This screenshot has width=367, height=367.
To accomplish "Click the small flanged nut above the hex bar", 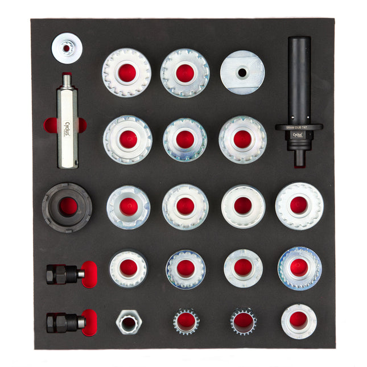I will (x=66, y=48).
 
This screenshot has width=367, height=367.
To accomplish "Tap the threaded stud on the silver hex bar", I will (x=67, y=80).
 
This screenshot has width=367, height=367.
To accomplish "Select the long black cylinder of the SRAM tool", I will (x=299, y=80).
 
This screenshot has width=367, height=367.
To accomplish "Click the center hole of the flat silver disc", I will (x=242, y=73).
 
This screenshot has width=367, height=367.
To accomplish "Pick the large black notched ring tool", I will (x=67, y=207).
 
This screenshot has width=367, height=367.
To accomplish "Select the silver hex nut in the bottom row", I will (x=129, y=321).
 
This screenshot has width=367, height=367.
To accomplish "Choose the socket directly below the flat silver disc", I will (x=242, y=139).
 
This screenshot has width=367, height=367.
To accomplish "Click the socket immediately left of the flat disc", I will (x=185, y=73).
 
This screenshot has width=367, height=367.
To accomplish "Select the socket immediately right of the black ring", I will (x=128, y=207).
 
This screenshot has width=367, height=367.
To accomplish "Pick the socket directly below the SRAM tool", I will (x=299, y=205).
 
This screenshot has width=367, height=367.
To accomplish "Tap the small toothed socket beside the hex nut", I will (x=186, y=321).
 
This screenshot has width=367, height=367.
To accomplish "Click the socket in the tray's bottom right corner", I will (x=299, y=321).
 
